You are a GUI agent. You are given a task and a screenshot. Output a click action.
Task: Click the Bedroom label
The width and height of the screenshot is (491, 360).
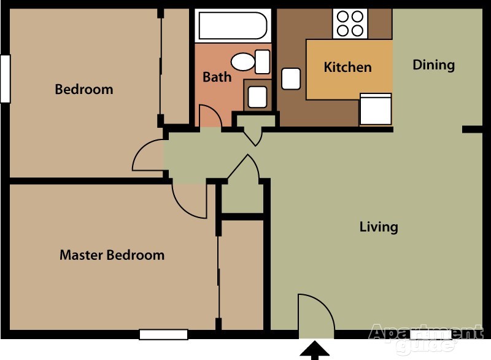tap(84, 89)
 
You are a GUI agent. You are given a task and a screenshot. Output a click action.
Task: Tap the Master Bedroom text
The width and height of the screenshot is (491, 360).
tap(112, 255)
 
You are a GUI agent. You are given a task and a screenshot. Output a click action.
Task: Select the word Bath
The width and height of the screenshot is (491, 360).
tap(217, 77)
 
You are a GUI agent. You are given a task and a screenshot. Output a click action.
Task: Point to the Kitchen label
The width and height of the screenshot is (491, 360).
tap(347, 67)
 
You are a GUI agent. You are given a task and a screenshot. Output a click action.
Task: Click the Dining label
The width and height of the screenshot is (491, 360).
tap(434, 65)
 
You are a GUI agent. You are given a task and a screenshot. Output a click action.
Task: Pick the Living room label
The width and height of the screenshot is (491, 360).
tap(379, 227)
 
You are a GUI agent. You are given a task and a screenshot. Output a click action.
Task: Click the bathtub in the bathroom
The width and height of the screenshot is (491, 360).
tap(233, 26)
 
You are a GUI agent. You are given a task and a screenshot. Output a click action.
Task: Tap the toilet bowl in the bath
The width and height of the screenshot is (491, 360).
tap(243, 61)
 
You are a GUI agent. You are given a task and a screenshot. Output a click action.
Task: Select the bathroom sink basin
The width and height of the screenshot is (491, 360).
tap(257, 97)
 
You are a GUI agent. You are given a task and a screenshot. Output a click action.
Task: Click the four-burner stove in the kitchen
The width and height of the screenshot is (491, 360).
tap(350, 24)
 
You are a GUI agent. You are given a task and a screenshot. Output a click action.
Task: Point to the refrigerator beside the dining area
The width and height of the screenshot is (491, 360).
tap(376, 109)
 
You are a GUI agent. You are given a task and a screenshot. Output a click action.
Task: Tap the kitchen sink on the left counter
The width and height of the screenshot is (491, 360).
tap(291, 79)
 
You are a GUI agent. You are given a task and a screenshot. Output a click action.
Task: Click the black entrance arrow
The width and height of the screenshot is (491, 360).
tap(314, 351)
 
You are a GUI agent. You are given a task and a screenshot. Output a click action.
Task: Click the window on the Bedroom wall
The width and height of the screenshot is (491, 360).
tap(6, 79)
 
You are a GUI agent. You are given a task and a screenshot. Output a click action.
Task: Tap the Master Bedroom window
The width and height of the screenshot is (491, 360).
tap(163, 335)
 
